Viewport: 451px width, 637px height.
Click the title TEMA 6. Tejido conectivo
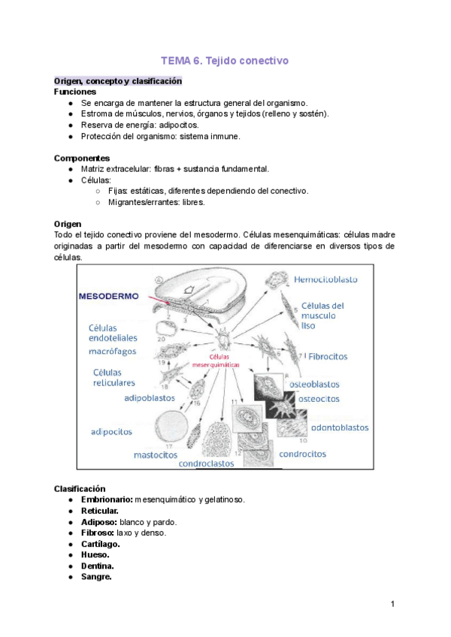tap(225, 60)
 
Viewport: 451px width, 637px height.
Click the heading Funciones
tap(75, 91)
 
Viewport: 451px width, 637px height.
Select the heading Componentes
tap(82, 158)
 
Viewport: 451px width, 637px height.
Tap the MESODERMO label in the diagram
tap(110, 296)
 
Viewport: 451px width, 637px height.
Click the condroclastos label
tap(216, 463)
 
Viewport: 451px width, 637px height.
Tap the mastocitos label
tap(156, 454)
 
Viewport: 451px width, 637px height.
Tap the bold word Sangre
tap(96, 577)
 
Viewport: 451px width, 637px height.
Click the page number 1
tap(392, 605)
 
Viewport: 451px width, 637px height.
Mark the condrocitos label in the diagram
tap(302, 454)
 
